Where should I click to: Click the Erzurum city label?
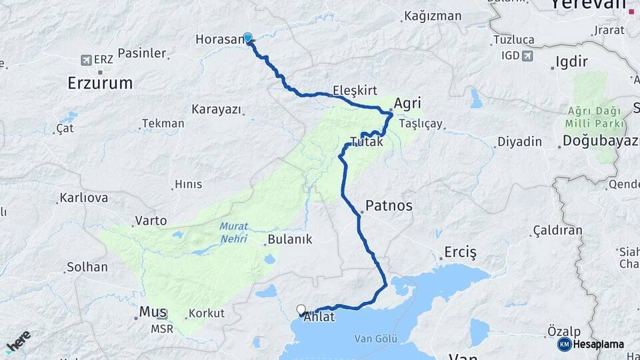(100, 83)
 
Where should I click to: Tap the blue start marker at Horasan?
(248, 38)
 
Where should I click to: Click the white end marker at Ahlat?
(301, 309)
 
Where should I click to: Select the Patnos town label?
(389, 206)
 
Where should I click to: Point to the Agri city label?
(408, 103)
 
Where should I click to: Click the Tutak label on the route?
(367, 142)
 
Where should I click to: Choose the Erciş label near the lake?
(460, 253)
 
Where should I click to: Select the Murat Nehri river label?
(233, 231)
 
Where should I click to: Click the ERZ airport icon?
(86, 60)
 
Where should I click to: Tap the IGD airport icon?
(528, 55)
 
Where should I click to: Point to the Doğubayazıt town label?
(600, 141)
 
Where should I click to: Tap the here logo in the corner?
(18, 341)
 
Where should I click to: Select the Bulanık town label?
(289, 239)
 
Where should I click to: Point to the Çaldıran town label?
(557, 231)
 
